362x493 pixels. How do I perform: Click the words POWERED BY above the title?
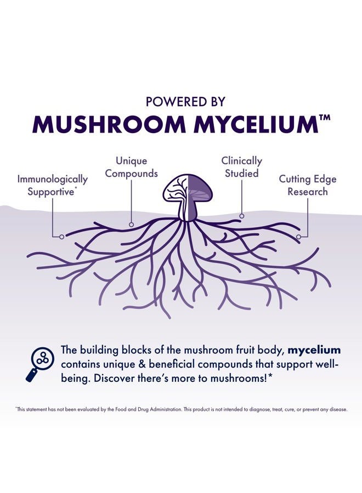185,101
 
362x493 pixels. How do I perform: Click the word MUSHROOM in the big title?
109,124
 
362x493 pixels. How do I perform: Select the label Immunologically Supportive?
52,185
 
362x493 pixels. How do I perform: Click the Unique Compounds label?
131,167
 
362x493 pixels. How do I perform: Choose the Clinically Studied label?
241,167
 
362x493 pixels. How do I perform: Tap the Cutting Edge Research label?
308,185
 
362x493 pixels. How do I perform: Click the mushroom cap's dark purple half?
199,188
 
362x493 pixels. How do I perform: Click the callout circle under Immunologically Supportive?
61,237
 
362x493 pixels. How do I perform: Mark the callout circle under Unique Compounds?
131,225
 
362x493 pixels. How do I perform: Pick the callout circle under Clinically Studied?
241,216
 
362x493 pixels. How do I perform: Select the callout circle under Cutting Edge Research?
298,237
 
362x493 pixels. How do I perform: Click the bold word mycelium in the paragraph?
314,350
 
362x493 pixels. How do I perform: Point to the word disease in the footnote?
339,409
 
